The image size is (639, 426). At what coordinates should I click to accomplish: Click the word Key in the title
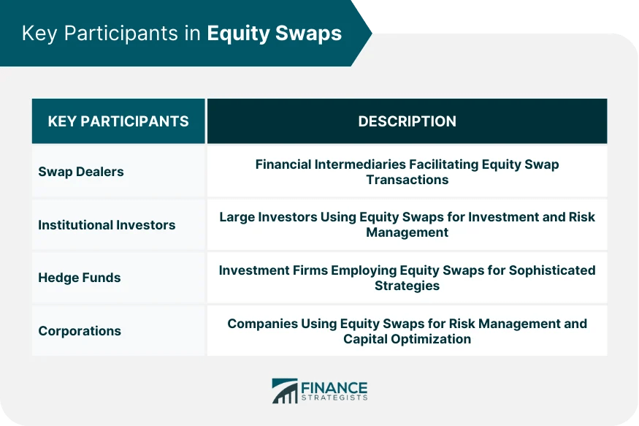pos(38,34)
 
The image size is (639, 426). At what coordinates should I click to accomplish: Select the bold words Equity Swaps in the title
pos(274,34)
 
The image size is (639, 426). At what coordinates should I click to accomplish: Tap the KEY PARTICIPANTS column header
pos(118,121)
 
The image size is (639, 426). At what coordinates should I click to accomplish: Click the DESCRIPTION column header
pos(407,121)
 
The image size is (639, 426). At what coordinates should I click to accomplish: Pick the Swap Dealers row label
pos(80,172)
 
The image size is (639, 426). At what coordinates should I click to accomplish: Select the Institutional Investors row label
pos(107,225)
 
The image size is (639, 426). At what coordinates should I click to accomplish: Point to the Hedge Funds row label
pos(79,278)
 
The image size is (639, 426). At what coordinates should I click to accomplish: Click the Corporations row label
pos(79,331)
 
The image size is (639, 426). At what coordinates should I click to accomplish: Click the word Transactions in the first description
pos(407,179)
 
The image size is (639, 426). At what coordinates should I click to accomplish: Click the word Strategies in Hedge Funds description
pos(407,285)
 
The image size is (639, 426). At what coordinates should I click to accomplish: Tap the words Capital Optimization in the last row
pos(407,338)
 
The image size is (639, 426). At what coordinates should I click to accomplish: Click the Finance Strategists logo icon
pos(284,390)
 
